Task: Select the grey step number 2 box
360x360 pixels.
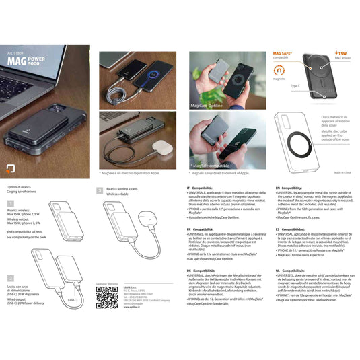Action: pyautogui.click(x=10, y=277)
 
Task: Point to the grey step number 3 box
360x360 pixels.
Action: pyautogui.click(x=100, y=191)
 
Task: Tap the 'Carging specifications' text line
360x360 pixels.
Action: pyautogui.click(x=23, y=191)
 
